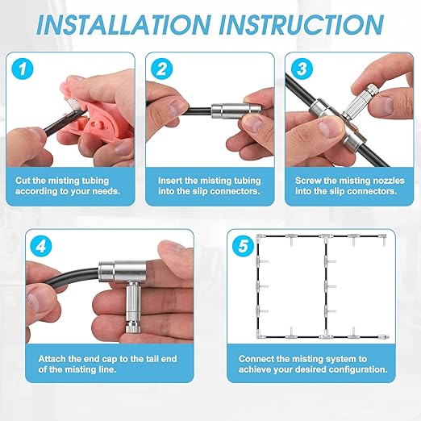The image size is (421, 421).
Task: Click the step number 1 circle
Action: [23, 69]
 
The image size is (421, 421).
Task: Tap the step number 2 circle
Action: [162, 69]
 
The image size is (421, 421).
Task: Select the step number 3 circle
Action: [302, 69]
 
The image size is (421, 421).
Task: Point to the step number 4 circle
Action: [41, 246]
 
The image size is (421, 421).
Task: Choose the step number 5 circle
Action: [244, 246]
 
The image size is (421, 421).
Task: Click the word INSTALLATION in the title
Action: [123, 25]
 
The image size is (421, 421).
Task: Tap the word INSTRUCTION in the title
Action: [302, 25]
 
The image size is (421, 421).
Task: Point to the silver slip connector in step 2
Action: [236, 110]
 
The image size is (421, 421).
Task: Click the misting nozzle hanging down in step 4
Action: [133, 307]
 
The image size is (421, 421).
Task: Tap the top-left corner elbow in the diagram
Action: [261, 237]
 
